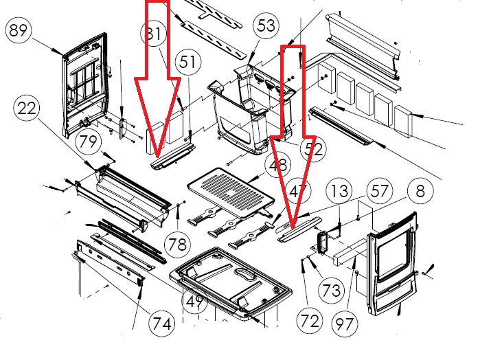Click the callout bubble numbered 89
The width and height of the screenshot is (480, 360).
[x=19, y=31]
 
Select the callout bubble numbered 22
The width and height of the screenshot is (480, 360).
[x=28, y=109]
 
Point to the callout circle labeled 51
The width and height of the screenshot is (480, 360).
[x=186, y=63]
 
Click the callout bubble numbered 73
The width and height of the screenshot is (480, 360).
[x=331, y=290]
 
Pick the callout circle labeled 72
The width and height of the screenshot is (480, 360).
[x=310, y=319]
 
